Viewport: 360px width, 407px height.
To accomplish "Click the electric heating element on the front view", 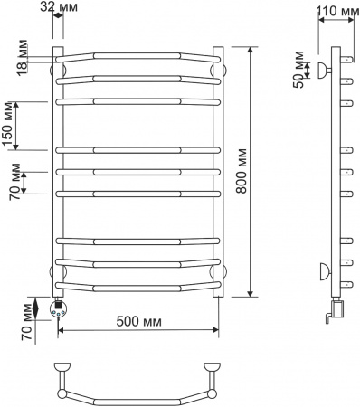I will (61, 308).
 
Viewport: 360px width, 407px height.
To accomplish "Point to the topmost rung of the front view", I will (137, 56).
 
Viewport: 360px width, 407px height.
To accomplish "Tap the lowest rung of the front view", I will (137, 289).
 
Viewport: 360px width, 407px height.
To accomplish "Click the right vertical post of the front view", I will (217, 172).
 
